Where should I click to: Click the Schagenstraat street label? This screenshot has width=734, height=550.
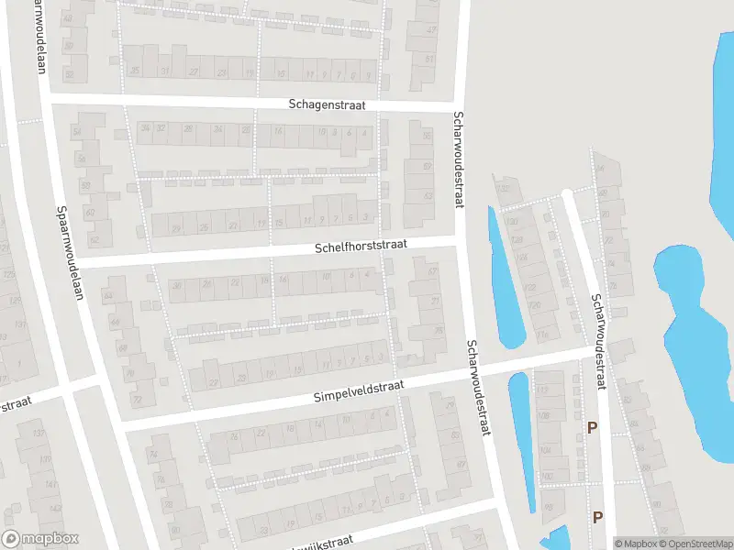[327, 105]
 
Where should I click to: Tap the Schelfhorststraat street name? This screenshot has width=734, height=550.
[361, 247]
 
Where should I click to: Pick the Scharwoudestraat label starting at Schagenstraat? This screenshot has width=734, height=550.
[457, 160]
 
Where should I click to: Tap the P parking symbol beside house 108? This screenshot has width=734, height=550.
[592, 427]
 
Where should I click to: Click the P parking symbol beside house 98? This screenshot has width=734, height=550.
[597, 517]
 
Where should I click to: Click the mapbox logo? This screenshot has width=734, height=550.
[40, 539]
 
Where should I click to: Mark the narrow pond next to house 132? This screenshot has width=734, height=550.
[505, 280]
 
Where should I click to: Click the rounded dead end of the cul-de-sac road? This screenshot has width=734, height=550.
[568, 193]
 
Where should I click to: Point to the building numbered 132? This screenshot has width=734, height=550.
[501, 189]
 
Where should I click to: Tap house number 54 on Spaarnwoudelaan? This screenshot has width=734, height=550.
[77, 133]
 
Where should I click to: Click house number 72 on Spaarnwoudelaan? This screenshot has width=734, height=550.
[138, 400]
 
